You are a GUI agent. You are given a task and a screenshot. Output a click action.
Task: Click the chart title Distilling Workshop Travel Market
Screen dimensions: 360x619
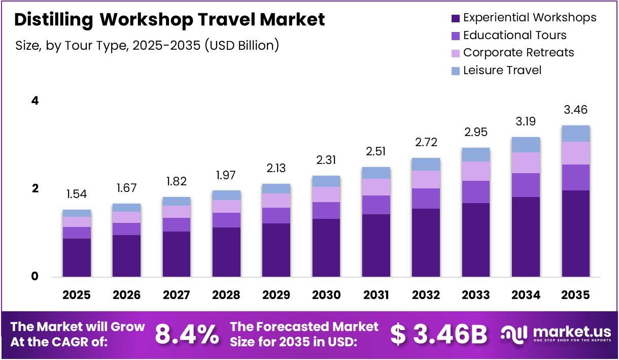tap(169, 20)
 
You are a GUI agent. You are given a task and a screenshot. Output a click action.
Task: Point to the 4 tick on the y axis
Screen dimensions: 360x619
tap(35, 101)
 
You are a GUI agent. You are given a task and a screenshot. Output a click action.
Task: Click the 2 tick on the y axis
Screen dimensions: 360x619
tap(35, 188)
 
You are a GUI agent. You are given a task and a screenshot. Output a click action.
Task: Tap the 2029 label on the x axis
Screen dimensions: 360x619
tap(276, 295)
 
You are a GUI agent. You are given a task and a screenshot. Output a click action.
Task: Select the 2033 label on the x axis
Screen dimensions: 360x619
tap(475, 295)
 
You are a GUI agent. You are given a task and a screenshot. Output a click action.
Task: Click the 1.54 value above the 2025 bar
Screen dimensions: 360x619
tap(77, 194)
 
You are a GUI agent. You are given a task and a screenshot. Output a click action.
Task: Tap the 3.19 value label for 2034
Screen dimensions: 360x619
tap(525, 121)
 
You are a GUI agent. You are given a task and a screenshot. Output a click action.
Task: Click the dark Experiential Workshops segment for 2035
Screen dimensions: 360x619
tap(575, 234)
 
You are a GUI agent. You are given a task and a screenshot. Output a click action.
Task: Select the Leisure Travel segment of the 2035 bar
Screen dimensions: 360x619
tap(575, 134)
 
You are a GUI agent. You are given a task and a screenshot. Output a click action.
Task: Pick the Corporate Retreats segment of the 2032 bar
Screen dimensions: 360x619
tap(426, 179)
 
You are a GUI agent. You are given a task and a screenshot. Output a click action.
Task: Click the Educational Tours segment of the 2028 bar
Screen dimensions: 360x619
tap(226, 220)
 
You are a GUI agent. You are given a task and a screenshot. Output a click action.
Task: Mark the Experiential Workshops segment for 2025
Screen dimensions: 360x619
tap(77, 257)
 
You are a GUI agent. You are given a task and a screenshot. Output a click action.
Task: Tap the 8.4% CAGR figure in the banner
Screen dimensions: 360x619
tap(187, 334)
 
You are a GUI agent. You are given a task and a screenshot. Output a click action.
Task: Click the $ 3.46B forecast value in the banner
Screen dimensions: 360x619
tap(438, 334)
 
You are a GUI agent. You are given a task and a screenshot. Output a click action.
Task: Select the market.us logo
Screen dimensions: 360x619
tap(556, 334)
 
